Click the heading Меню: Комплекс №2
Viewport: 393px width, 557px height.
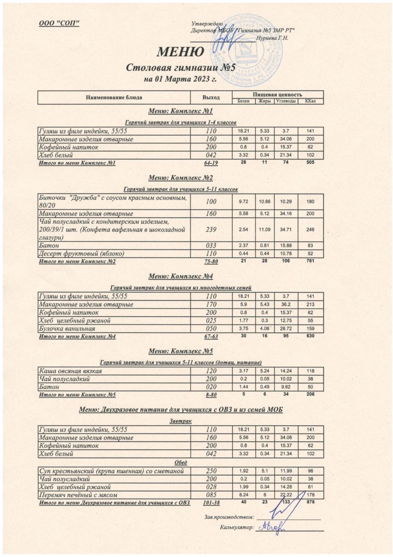180,178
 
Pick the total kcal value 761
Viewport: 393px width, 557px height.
310,261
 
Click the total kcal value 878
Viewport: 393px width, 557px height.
310,502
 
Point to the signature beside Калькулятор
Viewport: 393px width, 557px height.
273,527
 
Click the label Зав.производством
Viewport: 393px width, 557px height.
229,517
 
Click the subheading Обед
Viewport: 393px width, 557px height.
180,463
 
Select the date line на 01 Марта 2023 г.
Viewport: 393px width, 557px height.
180,79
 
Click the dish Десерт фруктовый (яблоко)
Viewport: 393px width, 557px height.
82,253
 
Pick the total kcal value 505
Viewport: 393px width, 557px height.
310,162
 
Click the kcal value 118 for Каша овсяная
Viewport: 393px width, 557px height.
310,370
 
